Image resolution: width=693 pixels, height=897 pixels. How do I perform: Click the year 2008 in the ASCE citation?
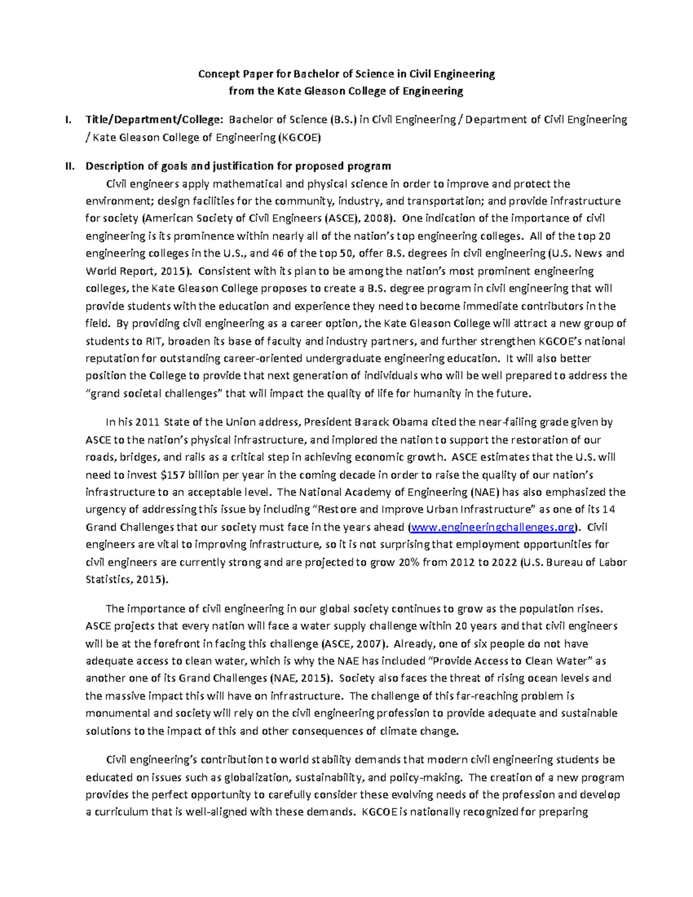point(378,218)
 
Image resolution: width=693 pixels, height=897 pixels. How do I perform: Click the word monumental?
point(115,713)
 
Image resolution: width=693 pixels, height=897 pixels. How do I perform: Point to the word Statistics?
point(108,579)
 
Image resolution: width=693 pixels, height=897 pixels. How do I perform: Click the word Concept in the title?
point(218,74)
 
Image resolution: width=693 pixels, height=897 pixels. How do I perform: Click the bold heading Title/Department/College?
point(154,120)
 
